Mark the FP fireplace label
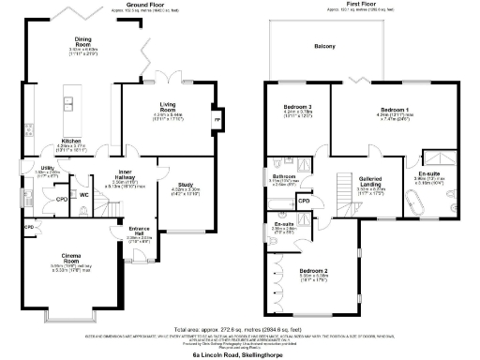(x=217, y=121)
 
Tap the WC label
(x=83, y=195)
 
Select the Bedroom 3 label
(x=297, y=108)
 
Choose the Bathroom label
(x=284, y=175)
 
